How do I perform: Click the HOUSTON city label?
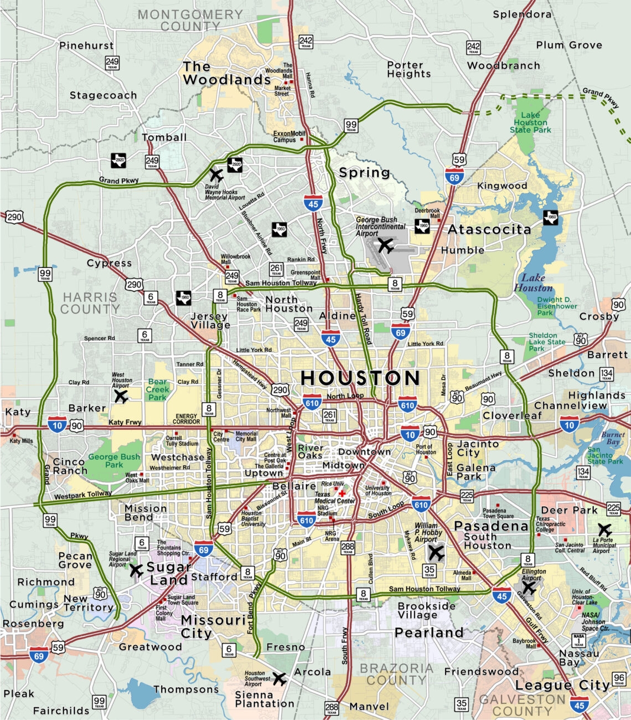360,378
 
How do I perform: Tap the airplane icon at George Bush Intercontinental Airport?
385,245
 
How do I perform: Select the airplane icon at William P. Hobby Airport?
436,552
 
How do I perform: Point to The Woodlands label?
226,73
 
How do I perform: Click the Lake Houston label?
533,282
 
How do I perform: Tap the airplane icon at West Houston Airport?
120,396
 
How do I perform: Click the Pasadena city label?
491,526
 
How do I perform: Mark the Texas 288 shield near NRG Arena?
348,548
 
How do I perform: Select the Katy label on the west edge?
18,412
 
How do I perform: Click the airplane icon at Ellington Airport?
529,587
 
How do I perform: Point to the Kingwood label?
502,186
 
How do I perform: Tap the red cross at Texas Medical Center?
342,493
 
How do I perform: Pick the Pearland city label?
429,632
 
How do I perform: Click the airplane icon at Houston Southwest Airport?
279,678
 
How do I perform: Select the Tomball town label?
164,137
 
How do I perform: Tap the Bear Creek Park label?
157,389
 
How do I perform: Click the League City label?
562,685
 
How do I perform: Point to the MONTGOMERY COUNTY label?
190,20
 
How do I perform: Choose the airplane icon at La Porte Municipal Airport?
604,529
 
